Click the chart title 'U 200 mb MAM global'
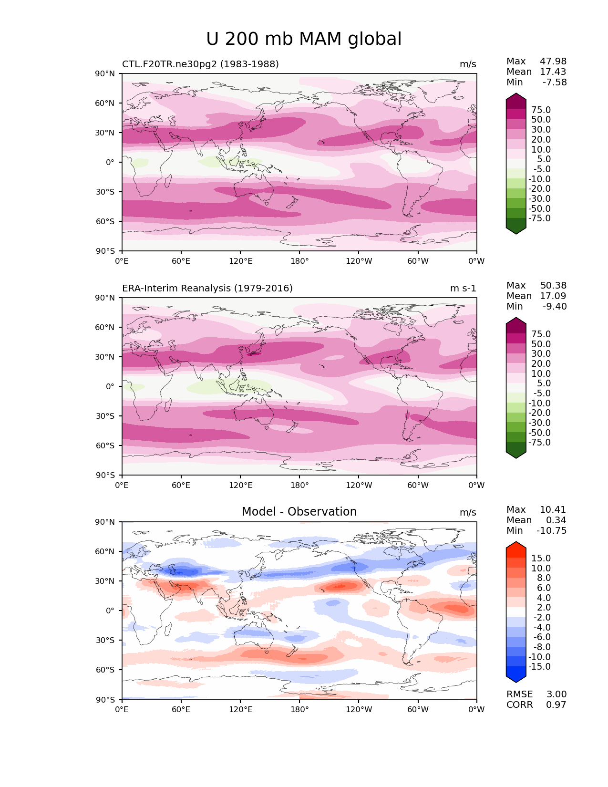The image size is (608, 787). pyautogui.click(x=304, y=39)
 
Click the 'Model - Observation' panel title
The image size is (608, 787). pyautogui.click(x=299, y=512)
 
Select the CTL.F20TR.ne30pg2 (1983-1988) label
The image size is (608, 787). pyautogui.click(x=200, y=64)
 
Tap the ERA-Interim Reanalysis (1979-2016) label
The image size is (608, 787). pyautogui.click(x=207, y=289)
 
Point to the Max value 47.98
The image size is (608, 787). pyautogui.click(x=553, y=62)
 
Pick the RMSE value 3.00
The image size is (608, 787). pyautogui.click(x=556, y=694)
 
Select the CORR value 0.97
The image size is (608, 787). pyautogui.click(x=556, y=705)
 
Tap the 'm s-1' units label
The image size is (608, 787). pyautogui.click(x=463, y=289)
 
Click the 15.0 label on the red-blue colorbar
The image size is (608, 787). pyautogui.click(x=541, y=559)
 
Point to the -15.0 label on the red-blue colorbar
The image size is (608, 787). pyautogui.click(x=539, y=667)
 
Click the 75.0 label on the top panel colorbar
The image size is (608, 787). pyautogui.click(x=541, y=110)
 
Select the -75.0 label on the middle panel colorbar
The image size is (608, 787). pyautogui.click(x=539, y=443)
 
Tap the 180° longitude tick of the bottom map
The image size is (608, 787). pyautogui.click(x=299, y=710)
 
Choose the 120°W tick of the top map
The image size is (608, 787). pyautogui.click(x=359, y=261)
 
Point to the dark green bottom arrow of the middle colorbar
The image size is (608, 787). pyautogui.click(x=516, y=453)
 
